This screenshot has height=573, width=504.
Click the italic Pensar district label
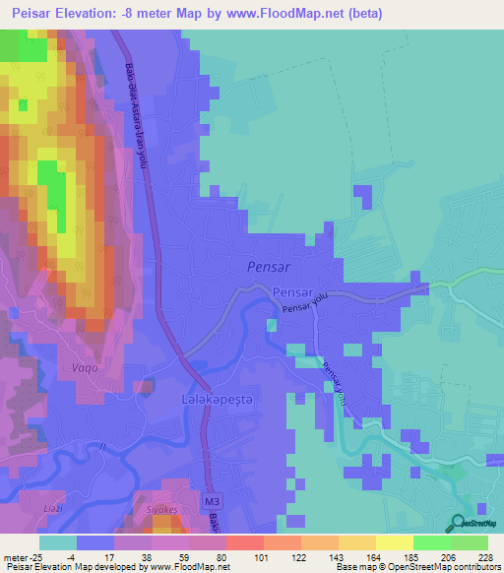(263, 267)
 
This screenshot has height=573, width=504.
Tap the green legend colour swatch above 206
(432, 542)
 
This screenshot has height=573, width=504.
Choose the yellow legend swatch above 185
(395, 542)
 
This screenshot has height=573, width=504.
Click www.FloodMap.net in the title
(294, 14)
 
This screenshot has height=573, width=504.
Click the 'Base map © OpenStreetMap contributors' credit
(424, 567)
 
